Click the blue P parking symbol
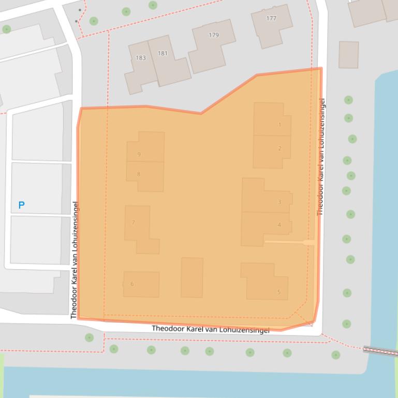[x=21, y=205]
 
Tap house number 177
[x=271, y=18]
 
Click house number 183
[x=141, y=58]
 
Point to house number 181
[x=163, y=53]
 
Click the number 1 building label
[x=280, y=125]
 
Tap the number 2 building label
[x=279, y=148]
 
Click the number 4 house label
[x=279, y=225]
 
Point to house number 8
[x=139, y=174]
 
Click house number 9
[x=139, y=154]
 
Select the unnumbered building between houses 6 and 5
[x=192, y=278]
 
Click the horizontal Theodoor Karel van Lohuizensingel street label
[x=210, y=329]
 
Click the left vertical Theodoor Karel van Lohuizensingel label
[x=75, y=259]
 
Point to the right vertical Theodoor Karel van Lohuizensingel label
[x=321, y=156]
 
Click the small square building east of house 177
[x=349, y=55]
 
